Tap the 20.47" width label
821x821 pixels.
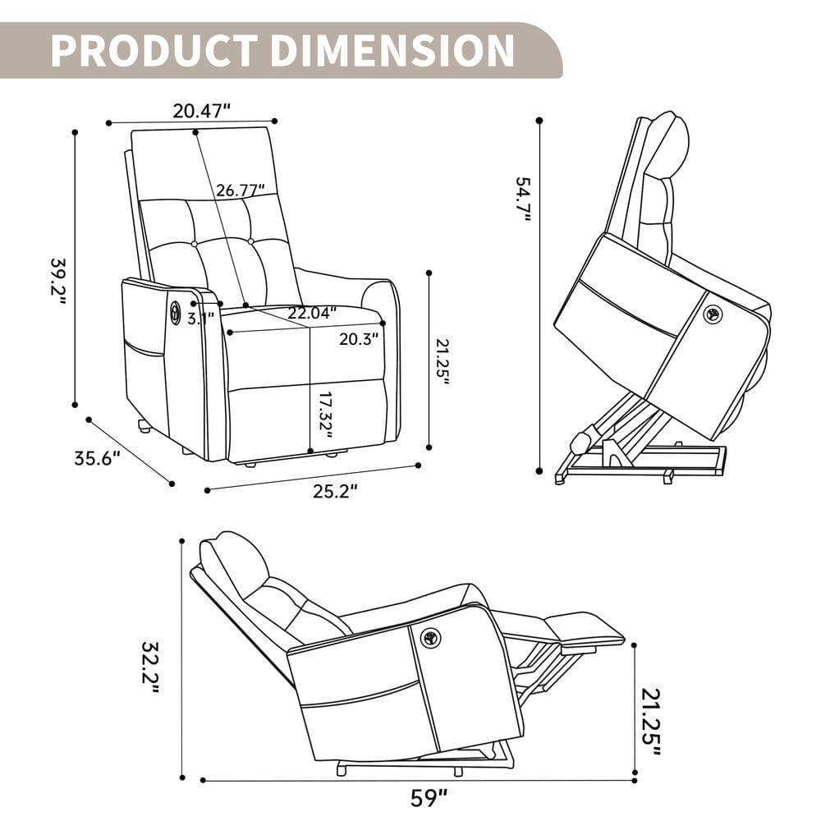point(202,111)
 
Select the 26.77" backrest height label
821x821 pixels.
point(241,190)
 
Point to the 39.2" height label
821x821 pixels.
point(58,279)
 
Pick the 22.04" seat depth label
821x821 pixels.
point(312,313)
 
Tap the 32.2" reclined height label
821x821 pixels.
point(149,667)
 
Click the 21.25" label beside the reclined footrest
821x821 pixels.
point(650,718)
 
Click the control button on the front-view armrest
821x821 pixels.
point(176,311)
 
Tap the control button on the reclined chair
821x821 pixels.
point(429,637)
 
